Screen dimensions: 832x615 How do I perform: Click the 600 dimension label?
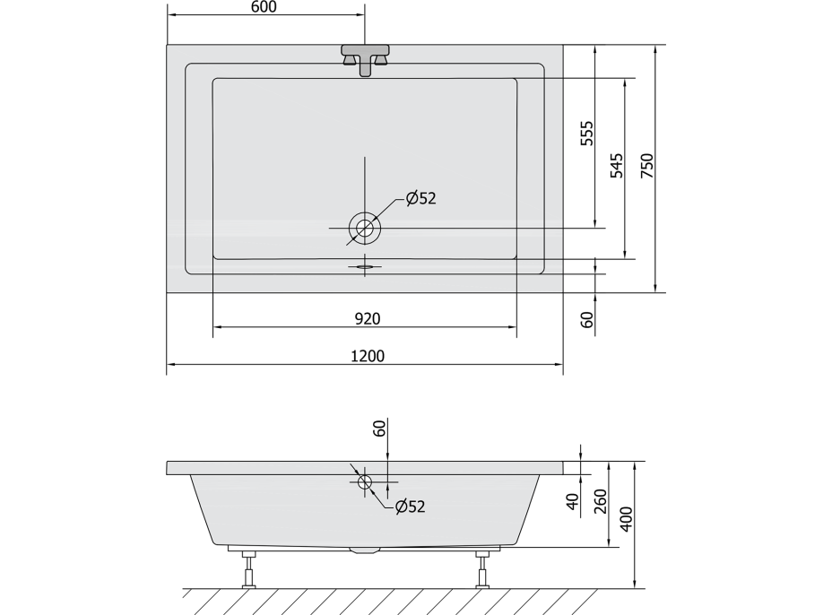coord(263,7)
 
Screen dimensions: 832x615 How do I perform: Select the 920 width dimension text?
coord(368,318)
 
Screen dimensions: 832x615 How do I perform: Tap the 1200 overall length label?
coord(368,356)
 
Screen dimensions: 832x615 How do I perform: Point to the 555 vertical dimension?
coord(586,134)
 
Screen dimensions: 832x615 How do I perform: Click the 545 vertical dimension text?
coord(617,166)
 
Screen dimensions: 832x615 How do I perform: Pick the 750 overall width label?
coord(646,166)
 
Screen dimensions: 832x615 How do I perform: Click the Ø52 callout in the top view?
coord(420,198)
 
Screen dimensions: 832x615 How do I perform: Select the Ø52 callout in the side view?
coord(410,507)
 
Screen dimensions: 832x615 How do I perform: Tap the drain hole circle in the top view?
coord(365,229)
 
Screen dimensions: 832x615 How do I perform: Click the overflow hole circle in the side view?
coord(365,482)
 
